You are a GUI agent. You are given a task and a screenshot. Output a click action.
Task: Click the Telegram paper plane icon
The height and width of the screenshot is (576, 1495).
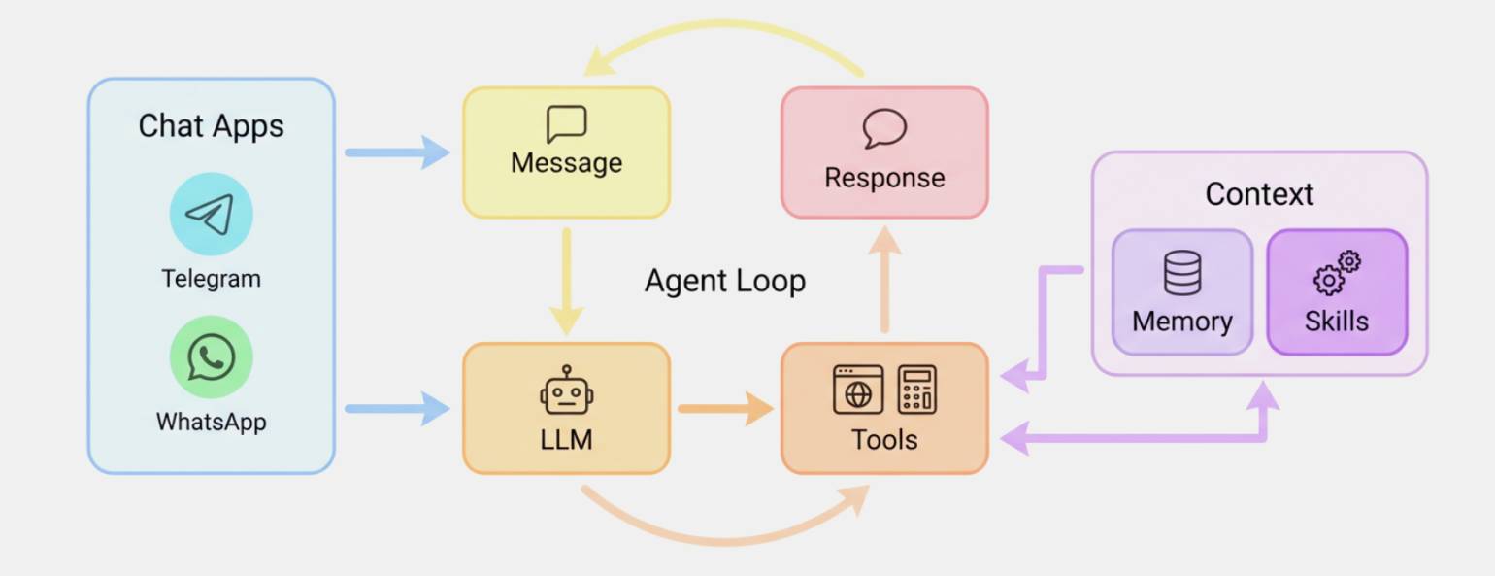211,215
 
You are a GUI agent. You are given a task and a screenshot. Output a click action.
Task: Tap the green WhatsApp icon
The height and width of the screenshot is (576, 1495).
211,357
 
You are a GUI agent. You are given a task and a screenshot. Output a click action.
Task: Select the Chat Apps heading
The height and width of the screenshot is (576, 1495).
211,126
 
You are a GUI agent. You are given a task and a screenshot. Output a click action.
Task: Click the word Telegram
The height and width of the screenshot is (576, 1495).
211,279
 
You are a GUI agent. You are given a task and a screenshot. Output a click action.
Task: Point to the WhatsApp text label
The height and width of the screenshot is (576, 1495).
211,423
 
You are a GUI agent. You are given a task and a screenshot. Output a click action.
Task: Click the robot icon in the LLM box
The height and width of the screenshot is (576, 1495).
566,390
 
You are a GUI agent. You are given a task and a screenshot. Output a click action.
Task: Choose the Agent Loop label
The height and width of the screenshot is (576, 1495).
725,282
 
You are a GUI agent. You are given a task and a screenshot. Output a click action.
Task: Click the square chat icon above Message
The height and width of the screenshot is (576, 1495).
566,124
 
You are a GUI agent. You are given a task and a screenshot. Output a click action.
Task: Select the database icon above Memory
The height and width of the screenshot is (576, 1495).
1181,273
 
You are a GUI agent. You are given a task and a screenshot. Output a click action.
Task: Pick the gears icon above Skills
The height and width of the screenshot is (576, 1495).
1337,273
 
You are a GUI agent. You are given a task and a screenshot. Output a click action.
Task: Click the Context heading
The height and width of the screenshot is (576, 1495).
1259,194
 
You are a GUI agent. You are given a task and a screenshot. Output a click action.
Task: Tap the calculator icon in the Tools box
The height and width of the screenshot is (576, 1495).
916,390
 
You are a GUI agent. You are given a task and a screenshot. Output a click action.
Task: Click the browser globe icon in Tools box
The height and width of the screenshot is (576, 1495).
858,390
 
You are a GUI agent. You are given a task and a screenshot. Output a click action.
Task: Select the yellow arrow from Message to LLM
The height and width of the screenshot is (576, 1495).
566,281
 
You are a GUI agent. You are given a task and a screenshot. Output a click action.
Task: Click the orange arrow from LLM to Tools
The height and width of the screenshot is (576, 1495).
724,408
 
